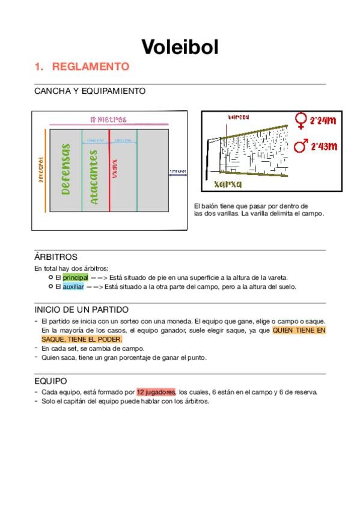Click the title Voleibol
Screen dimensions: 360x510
180,46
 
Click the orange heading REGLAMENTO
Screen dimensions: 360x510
90,67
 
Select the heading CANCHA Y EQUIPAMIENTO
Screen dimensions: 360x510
90,91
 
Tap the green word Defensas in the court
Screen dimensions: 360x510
66,169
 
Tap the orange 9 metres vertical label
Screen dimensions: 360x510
41,171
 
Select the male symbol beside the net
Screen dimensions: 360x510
301,146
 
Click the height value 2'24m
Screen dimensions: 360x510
323,121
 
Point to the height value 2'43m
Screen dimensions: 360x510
323,146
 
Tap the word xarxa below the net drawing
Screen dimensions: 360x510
228,184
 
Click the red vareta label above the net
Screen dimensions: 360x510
239,117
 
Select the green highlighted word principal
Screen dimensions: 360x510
75,277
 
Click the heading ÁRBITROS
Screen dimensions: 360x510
56,257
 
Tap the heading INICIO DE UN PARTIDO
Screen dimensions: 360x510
81,310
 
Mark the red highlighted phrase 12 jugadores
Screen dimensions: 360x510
155,392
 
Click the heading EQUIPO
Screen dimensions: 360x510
50,381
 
